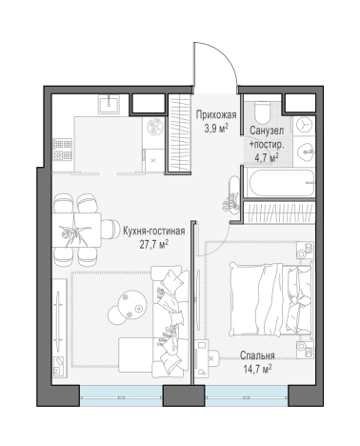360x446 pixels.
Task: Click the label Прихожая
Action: click(216, 114)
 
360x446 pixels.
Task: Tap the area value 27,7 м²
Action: click(154, 245)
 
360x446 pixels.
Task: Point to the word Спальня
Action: click(257, 355)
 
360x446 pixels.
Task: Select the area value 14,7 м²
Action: click(257, 369)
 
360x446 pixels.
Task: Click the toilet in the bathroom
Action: click(262, 112)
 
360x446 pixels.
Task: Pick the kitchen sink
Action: click(109, 104)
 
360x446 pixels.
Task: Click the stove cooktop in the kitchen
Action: click(62, 150)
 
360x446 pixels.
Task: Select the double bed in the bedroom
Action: click(271, 298)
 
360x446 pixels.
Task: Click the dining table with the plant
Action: click(76, 231)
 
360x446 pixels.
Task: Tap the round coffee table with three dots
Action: click(131, 305)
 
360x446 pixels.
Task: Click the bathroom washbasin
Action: click(305, 152)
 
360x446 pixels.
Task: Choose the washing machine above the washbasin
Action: click(304, 125)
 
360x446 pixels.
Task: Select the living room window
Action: click(121, 395)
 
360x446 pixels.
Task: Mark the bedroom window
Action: click(247, 395)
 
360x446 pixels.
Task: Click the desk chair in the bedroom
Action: click(213, 358)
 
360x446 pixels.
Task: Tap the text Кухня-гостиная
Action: click(153, 231)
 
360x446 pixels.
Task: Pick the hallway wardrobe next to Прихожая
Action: click(179, 134)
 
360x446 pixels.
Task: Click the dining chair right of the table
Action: click(109, 230)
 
